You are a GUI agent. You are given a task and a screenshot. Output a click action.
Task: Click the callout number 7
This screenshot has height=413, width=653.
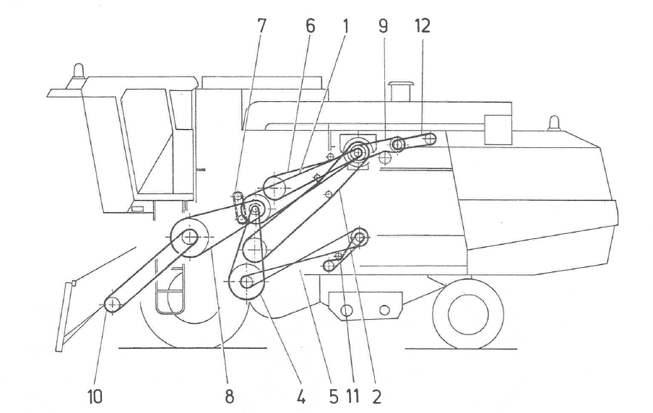261,27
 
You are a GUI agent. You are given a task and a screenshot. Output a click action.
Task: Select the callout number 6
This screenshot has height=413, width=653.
311,27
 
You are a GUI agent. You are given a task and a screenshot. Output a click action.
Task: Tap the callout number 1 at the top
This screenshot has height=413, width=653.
345,27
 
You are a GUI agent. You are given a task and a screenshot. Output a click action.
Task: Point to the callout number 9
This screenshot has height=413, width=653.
383,27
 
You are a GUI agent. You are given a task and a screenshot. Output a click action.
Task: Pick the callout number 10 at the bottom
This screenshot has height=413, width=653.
95,396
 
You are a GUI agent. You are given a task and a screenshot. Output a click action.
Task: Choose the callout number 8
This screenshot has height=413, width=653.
230,396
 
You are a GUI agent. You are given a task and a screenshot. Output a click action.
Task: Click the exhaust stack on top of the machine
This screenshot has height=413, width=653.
399,92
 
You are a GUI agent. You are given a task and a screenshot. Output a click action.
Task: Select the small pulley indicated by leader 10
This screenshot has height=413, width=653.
113,305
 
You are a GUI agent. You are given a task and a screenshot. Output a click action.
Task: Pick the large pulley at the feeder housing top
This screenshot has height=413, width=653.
189,235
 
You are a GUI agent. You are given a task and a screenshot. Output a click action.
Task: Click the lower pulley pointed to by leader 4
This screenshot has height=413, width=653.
246,282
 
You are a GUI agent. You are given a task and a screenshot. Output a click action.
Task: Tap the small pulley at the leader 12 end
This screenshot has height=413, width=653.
430,139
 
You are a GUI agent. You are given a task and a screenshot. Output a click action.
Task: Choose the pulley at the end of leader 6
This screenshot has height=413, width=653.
275,188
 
